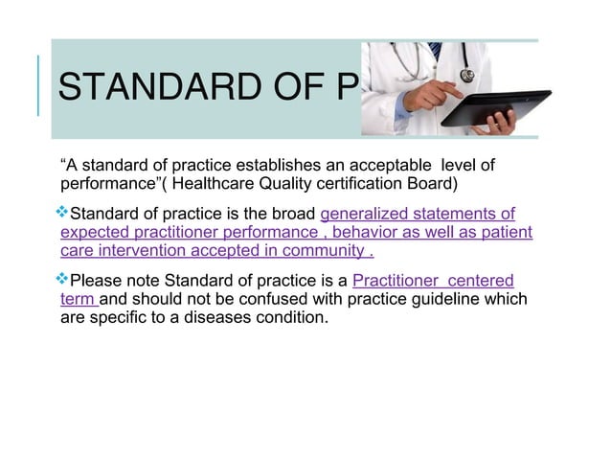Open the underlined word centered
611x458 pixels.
tap(480, 281)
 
